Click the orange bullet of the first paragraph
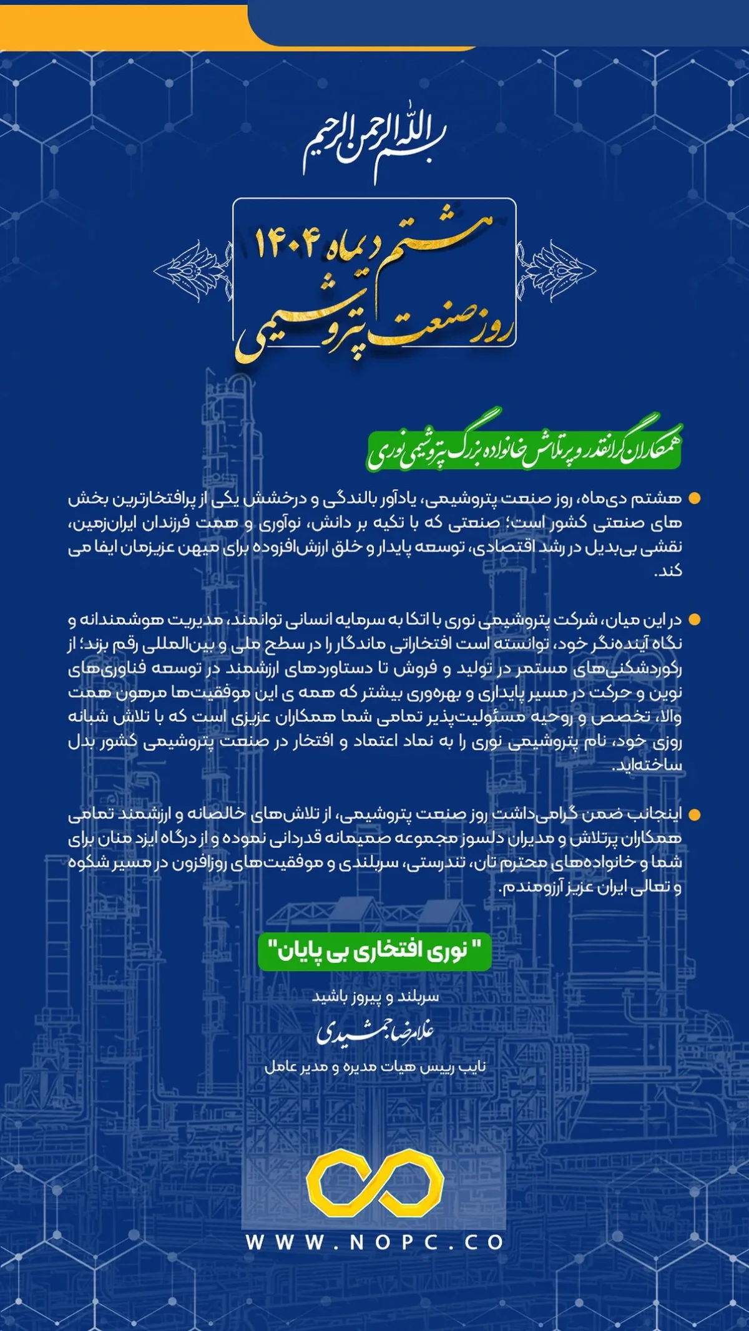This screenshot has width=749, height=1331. tap(693, 499)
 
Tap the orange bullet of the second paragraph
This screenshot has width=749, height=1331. tap(693, 620)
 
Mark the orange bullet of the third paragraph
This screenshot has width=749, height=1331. tap(693, 815)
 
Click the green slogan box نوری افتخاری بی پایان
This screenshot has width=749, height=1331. tap(374, 952)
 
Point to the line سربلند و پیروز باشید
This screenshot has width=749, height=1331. tap(375, 997)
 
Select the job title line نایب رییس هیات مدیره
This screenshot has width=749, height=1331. tap(375, 1067)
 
